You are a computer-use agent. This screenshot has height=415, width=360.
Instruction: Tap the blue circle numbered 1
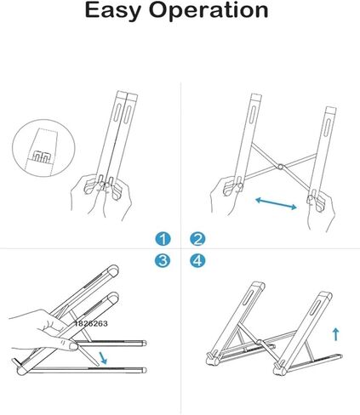point(163,239)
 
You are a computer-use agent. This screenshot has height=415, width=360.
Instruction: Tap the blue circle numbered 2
point(197,239)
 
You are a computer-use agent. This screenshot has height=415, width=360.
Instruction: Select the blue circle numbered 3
point(163,261)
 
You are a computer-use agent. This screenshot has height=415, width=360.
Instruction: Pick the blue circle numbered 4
point(197,261)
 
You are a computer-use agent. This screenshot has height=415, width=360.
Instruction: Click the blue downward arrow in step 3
point(104,357)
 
